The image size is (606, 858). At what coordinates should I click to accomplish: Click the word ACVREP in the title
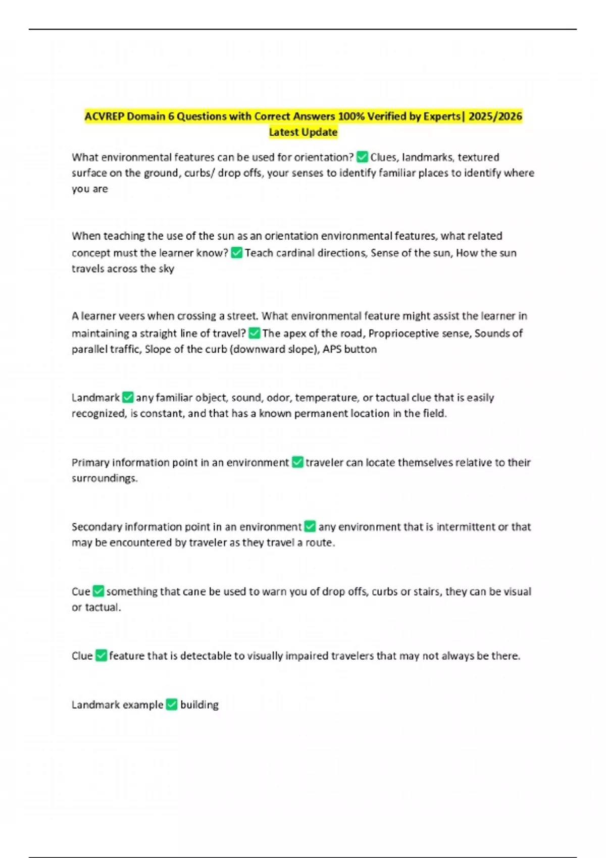104,117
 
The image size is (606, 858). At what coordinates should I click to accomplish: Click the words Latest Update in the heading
303,132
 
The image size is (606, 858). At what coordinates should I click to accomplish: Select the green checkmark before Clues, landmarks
362,157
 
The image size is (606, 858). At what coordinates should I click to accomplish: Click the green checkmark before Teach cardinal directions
236,252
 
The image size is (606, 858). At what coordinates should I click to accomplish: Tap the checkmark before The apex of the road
255,333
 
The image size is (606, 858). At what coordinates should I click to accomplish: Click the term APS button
349,349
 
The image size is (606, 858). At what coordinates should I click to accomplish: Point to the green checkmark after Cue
98,591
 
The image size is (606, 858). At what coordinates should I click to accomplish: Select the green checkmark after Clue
101,656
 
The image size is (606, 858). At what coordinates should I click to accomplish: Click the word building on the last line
199,705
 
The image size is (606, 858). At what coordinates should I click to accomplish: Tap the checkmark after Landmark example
172,705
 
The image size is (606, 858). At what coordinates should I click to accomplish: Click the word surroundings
104,478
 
